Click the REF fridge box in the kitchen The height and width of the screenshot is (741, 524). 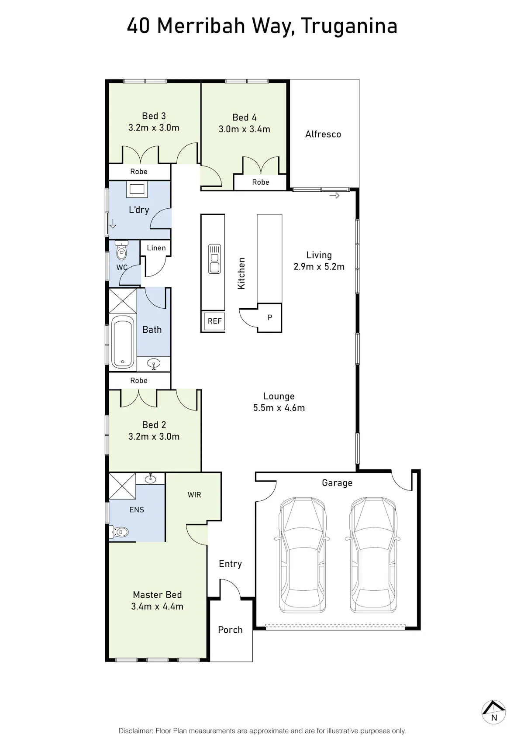coord(215,321)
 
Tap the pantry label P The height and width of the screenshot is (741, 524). coord(270,317)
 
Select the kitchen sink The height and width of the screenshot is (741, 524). coord(214,259)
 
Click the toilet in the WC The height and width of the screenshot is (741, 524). coord(121,250)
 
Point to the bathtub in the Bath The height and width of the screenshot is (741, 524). coord(123,342)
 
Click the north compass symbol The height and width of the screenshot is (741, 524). coord(493,712)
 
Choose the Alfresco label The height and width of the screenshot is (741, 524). coord(323,134)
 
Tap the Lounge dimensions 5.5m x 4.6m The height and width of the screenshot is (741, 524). coord(279,408)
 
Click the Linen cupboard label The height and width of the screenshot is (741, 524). coord(156,248)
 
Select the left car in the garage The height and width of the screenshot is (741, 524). coord(302,555)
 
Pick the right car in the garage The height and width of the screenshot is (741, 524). coord(373,555)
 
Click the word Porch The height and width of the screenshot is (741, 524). coord(230,630)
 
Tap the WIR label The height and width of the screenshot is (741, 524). coord(194,495)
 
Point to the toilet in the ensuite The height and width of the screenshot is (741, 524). coord(119,532)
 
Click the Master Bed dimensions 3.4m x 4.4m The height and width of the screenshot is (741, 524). coord(157,607)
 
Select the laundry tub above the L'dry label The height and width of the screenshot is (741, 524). coord(137,189)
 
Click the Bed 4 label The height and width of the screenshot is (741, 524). coord(245,117)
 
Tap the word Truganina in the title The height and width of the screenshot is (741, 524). coord(349,27)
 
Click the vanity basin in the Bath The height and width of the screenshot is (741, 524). coord(154,364)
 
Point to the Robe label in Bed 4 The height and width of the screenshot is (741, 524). coord(261,182)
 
